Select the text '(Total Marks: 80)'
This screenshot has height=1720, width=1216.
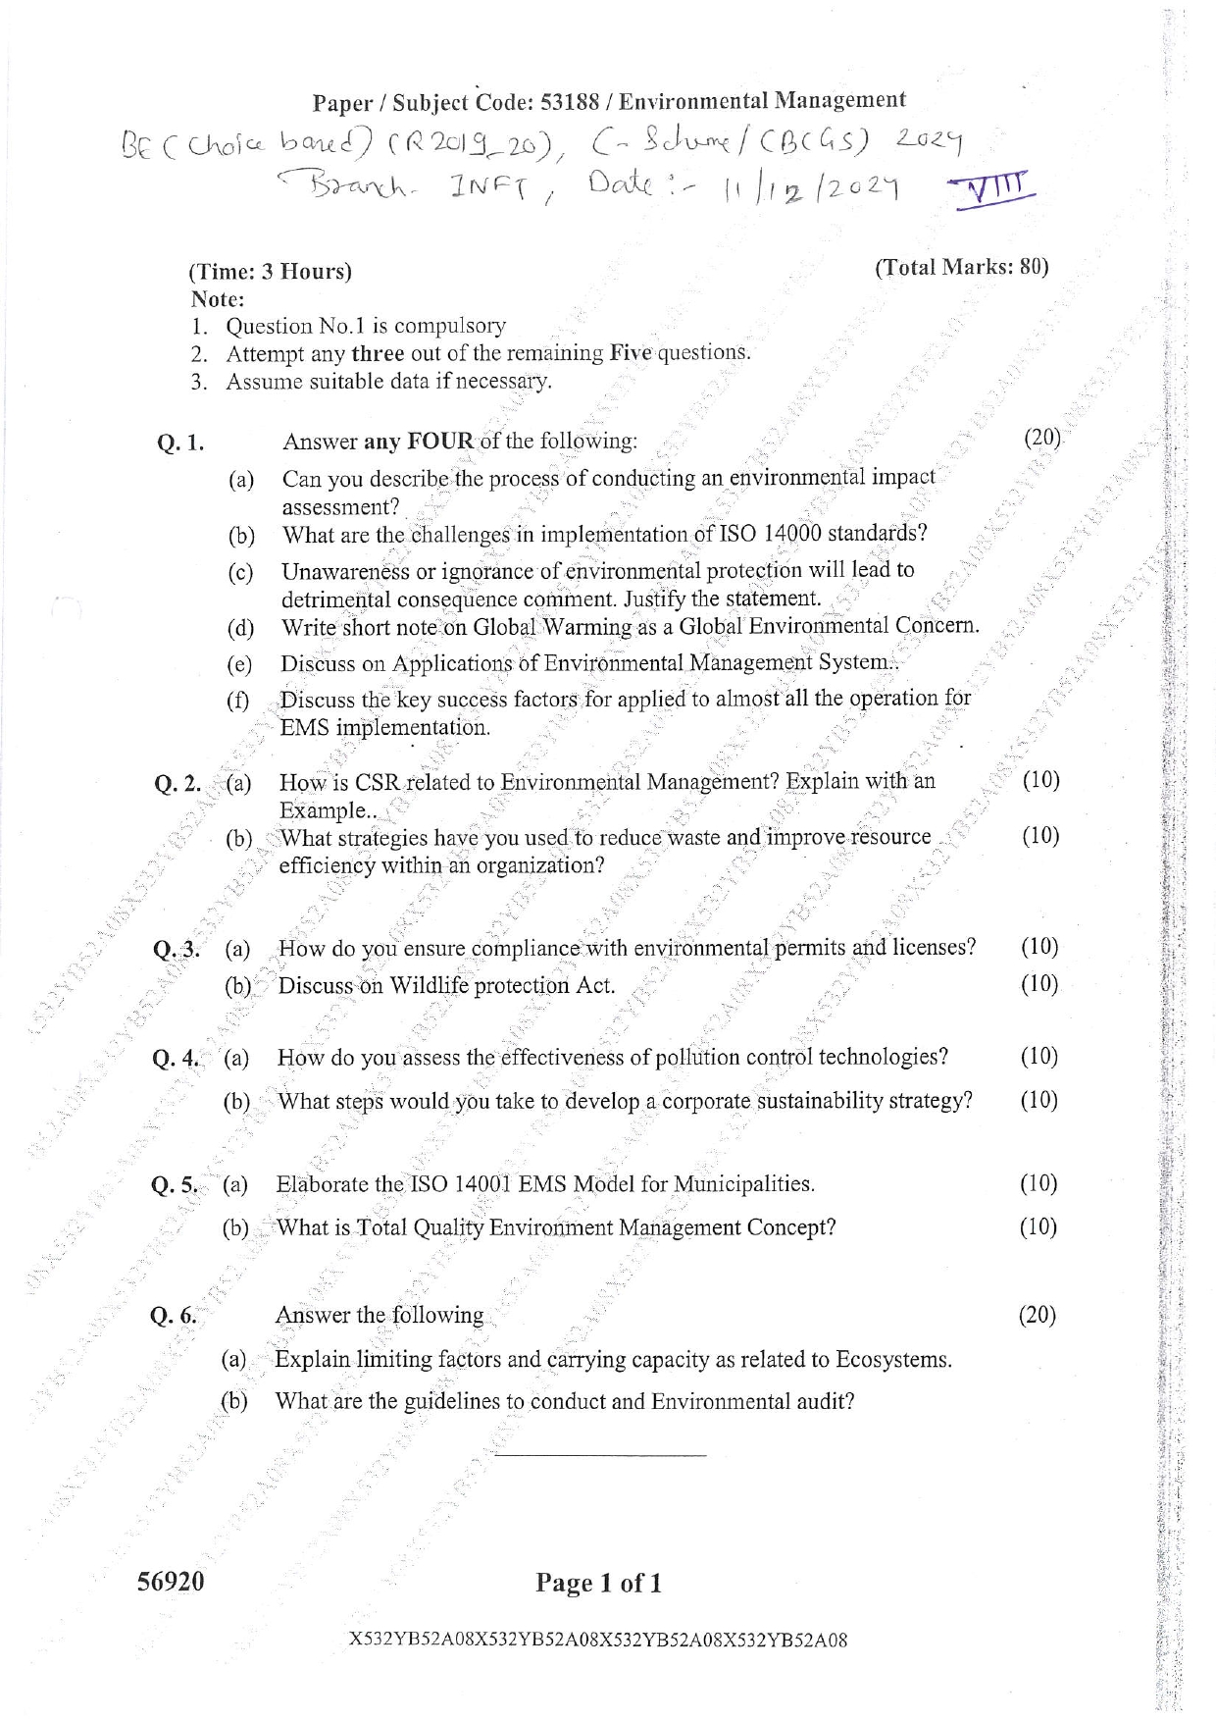tap(961, 267)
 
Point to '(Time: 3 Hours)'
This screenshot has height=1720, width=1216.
tap(270, 272)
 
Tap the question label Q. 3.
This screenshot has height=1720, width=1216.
tap(177, 950)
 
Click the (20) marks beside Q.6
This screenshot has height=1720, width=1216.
tap(1038, 1315)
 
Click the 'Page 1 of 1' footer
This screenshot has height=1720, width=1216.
tap(598, 1583)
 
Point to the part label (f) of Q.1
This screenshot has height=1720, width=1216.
tap(237, 701)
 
